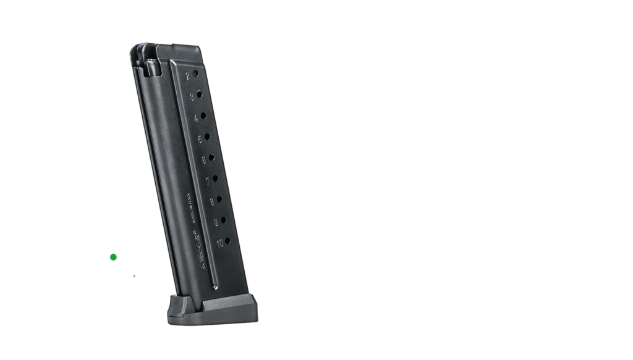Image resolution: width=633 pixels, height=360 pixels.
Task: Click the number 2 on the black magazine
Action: click(187, 77)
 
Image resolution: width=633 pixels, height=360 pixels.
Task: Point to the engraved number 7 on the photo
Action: click(207, 181)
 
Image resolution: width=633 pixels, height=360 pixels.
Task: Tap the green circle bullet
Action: click(113, 257)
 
